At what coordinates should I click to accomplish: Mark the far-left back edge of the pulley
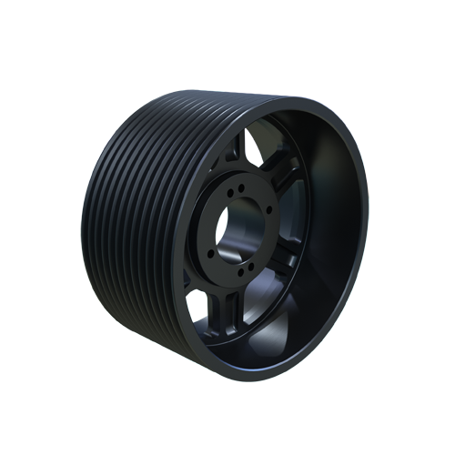84,227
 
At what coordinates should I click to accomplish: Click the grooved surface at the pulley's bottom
164,346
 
